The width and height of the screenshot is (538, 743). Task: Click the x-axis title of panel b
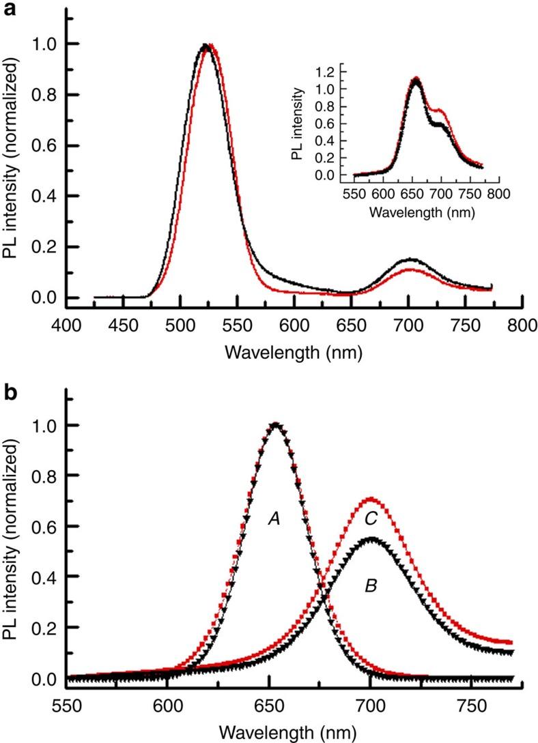(294, 733)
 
